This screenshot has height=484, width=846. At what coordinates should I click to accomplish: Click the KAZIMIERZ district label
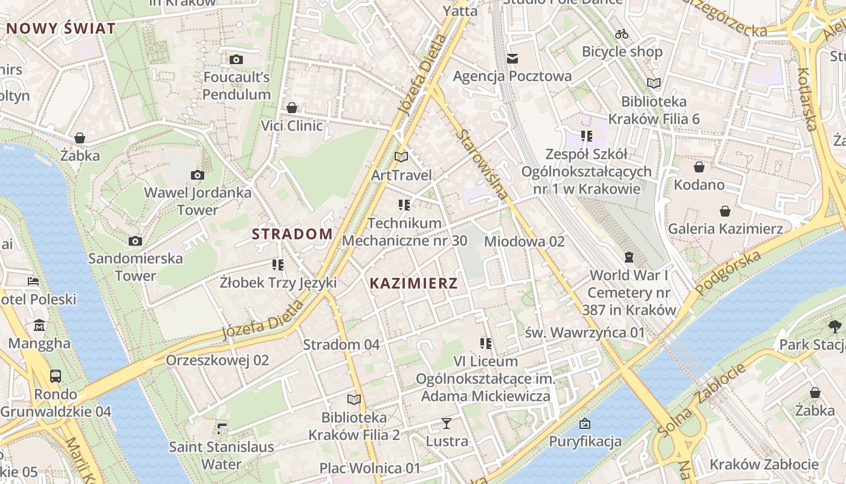pyautogui.click(x=413, y=283)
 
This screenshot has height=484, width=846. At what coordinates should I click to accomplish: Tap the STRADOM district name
pyautogui.click(x=292, y=234)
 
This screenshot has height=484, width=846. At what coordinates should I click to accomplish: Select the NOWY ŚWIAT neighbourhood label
pyautogui.click(x=60, y=28)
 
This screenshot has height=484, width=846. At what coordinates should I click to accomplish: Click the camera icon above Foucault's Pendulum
pyautogui.click(x=236, y=59)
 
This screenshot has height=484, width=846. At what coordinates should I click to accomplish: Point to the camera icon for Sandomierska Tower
pyautogui.click(x=135, y=241)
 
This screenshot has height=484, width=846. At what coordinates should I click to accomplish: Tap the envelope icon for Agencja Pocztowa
pyautogui.click(x=512, y=59)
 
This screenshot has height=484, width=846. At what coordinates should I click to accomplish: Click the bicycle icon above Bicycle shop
pyautogui.click(x=622, y=34)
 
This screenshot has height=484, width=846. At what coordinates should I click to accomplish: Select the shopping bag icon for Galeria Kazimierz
pyautogui.click(x=725, y=211)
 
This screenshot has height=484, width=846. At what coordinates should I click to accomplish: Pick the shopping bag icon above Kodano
pyautogui.click(x=699, y=167)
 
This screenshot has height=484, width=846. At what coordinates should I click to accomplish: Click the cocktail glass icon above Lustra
pyautogui.click(x=447, y=423)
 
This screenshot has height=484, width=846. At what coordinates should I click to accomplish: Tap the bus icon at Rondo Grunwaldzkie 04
pyautogui.click(x=56, y=376)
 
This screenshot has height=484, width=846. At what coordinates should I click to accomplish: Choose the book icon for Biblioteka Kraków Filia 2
pyautogui.click(x=354, y=399)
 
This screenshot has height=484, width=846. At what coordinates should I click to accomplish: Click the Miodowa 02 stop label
pyautogui.click(x=524, y=241)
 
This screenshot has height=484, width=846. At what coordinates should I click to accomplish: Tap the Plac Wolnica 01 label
pyautogui.click(x=369, y=468)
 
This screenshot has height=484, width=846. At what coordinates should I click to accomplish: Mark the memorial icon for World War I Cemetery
pyautogui.click(x=629, y=257)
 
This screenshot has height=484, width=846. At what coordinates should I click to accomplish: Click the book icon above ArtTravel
pyautogui.click(x=401, y=157)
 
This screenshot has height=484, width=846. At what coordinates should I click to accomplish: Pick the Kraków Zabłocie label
pyautogui.click(x=764, y=465)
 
